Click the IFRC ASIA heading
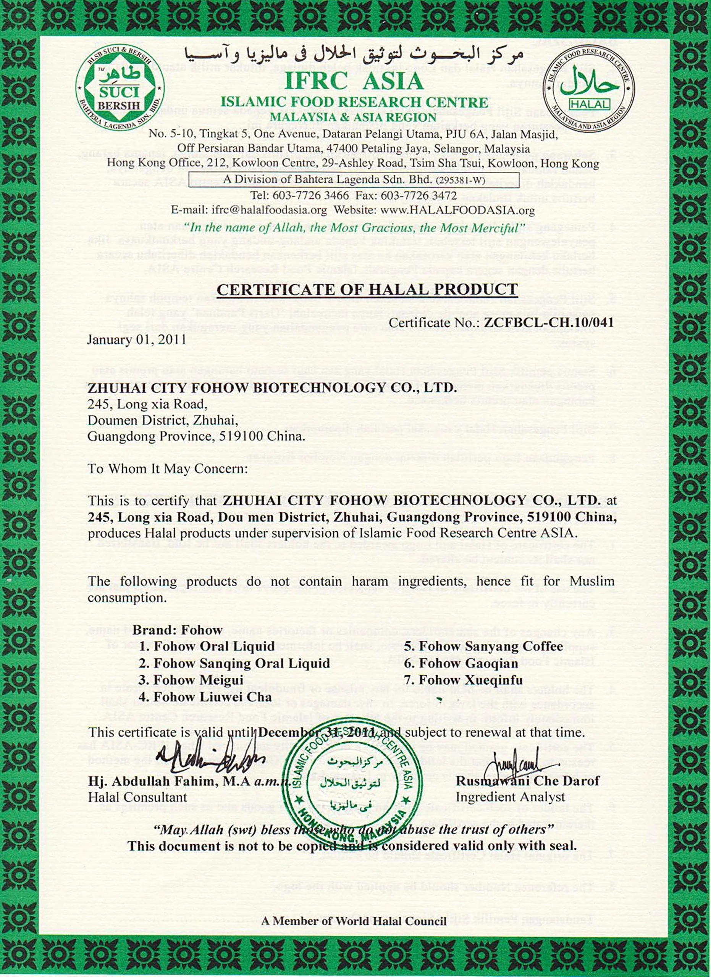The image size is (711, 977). (354, 81)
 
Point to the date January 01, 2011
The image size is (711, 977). (137, 340)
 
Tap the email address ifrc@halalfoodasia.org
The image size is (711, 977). (249, 210)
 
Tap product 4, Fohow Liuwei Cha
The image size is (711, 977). (205, 697)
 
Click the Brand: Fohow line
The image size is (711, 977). (178, 630)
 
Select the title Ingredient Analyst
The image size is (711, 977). (510, 797)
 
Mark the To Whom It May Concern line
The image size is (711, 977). (168, 469)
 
